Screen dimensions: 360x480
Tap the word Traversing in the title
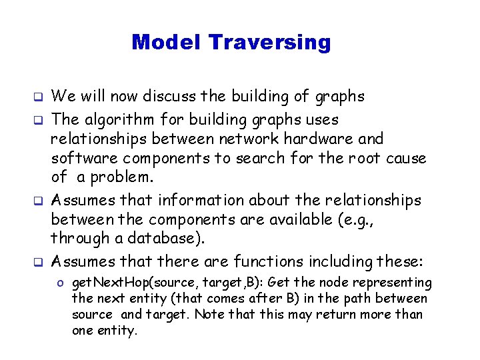tap(269, 43)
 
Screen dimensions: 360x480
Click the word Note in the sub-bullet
tap(207, 313)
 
